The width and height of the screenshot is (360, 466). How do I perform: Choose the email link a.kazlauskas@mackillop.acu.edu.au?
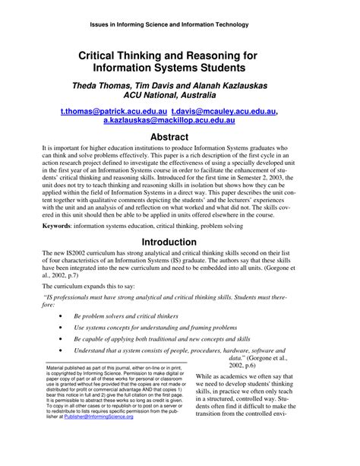point(180,121)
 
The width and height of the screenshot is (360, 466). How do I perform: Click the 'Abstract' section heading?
point(180,137)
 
